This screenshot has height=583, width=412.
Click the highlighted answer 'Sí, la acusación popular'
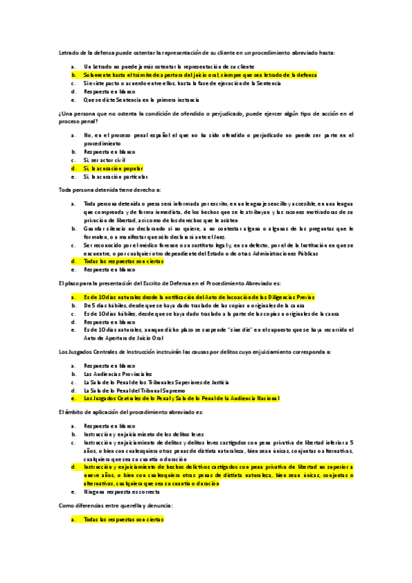(x=113, y=168)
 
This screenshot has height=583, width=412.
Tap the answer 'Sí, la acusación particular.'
(x=115, y=176)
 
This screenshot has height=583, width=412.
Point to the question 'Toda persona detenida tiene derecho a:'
(x=109, y=189)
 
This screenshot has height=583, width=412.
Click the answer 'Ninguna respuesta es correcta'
(x=121, y=492)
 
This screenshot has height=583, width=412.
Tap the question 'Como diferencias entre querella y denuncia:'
(x=115, y=505)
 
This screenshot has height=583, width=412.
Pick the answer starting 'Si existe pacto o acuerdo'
(x=182, y=82)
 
